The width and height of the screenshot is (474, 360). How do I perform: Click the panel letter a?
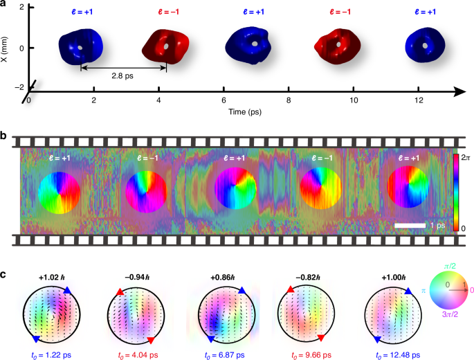(x=4, y=6)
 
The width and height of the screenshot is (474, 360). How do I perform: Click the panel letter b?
(x=4, y=136)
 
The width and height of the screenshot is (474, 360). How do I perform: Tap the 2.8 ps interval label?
(x=123, y=77)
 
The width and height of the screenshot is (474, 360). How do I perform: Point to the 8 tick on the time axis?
(x=289, y=100)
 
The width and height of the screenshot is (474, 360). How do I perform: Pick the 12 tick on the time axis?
(x=420, y=100)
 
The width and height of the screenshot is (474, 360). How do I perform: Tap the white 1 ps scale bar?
(x=411, y=226)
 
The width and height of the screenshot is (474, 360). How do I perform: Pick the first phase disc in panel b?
(x=59, y=192)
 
